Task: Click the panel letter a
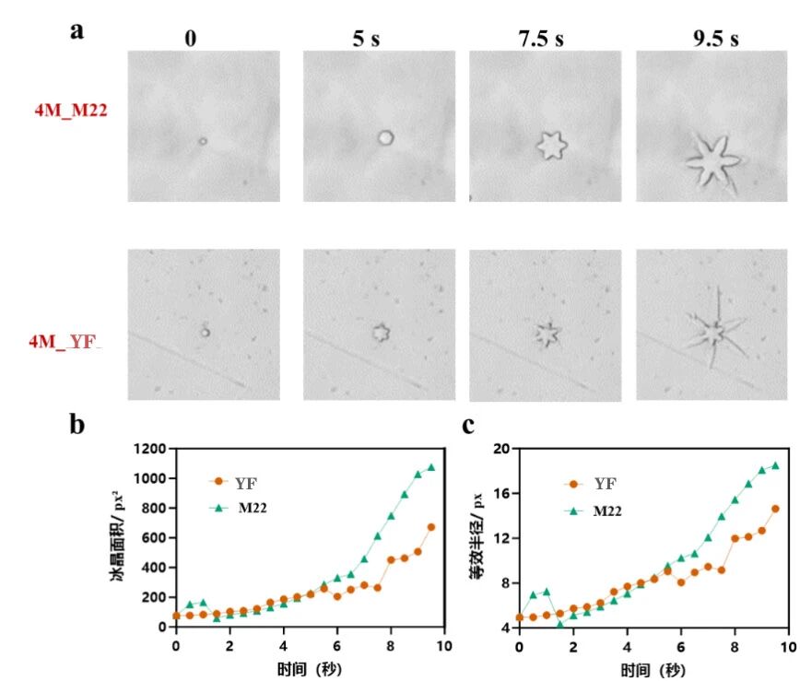(x=76, y=30)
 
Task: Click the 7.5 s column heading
(x=541, y=39)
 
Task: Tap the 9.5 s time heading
(x=715, y=39)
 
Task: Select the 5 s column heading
(x=366, y=39)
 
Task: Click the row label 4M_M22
(x=71, y=111)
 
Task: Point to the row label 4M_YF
(x=65, y=341)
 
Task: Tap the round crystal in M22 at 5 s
(x=385, y=137)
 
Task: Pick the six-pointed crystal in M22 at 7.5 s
(x=551, y=146)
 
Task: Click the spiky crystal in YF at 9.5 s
(x=714, y=332)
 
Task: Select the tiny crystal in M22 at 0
(x=203, y=141)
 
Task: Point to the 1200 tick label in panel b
(x=149, y=449)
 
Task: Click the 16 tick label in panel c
(x=501, y=493)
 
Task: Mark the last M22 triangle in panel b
(x=431, y=467)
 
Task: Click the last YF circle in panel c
(x=775, y=509)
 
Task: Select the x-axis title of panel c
(x=653, y=669)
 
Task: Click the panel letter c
(x=468, y=425)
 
